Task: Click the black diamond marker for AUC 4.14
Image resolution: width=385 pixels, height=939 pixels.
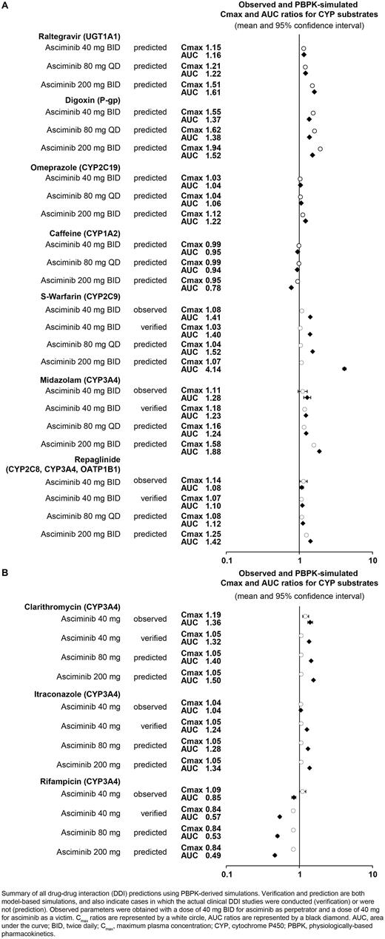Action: pos(344,368)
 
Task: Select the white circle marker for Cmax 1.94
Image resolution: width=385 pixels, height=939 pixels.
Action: pos(320,149)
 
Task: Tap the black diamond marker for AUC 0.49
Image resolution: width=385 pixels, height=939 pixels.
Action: pos(275,855)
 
